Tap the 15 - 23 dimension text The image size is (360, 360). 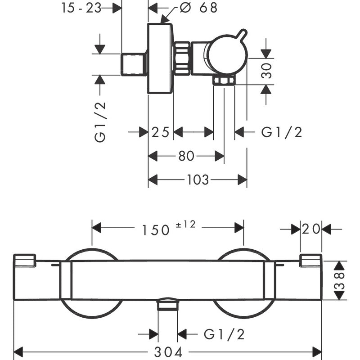pyautogui.click(x=81, y=8)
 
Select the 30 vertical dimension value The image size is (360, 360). pyautogui.click(x=267, y=71)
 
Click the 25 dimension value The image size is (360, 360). pyautogui.click(x=160, y=132)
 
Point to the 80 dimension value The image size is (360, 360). pyautogui.click(x=186, y=156)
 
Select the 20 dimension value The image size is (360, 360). pyautogui.click(x=311, y=229)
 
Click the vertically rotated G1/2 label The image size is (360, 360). pyautogui.click(x=100, y=121)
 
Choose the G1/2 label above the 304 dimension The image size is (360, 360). pyautogui.click(x=224, y=334)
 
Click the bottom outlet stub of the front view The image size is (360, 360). pyautogui.click(x=168, y=306)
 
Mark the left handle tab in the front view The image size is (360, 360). pyautogui.click(x=25, y=261)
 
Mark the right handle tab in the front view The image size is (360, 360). pyautogui.click(x=310, y=261)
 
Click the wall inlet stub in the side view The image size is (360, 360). pyautogui.click(x=134, y=64)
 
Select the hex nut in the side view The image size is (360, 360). pyautogui.click(x=181, y=58)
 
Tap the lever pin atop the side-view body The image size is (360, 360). pyautogui.click(x=242, y=35)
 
